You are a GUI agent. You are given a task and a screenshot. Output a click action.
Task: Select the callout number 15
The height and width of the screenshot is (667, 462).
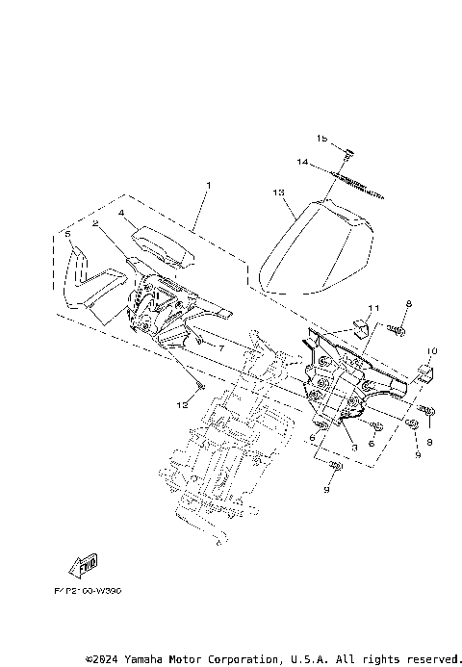pos(322,140)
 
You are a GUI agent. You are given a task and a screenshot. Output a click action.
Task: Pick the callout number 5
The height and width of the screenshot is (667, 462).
pos(67,233)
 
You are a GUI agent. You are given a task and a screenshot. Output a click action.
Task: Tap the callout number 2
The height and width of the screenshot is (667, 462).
pos(96,223)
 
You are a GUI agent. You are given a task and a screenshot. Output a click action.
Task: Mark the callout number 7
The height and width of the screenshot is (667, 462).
pos(220,346)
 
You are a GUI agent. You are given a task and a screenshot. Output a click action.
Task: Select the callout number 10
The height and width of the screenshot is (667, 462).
pos(432,351)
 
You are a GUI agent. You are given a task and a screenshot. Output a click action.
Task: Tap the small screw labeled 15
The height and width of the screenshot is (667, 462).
pos(348,151)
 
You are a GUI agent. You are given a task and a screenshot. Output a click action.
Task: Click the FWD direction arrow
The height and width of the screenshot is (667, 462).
pos(83,564)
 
